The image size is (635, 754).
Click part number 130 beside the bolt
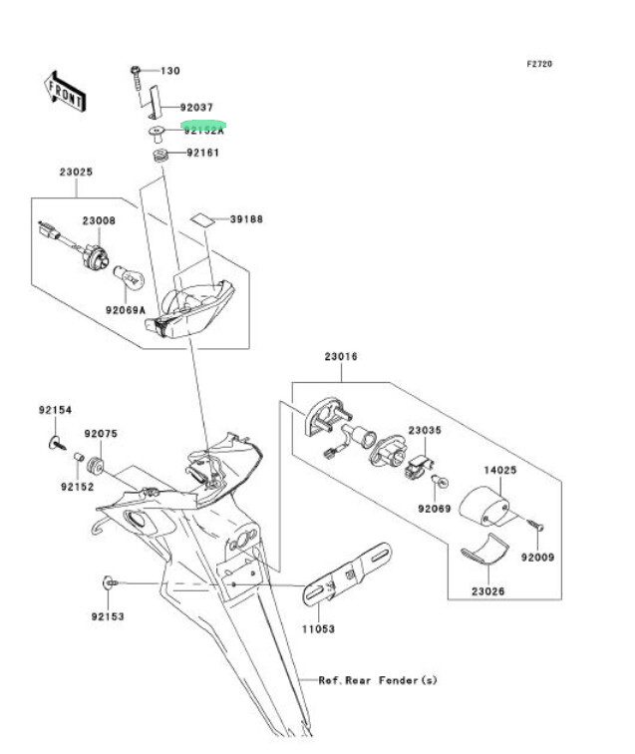[170, 71]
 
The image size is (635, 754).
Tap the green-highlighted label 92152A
[203, 130]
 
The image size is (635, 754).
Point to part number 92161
[203, 154]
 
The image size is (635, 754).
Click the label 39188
[246, 218]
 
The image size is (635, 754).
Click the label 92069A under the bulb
[126, 310]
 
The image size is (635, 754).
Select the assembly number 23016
[340, 356]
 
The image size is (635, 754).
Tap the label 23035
[425, 430]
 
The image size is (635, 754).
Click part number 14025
[500, 468]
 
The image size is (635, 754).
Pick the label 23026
[488, 591]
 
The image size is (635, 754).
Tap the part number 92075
[101, 434]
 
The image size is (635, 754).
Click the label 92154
[56, 410]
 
